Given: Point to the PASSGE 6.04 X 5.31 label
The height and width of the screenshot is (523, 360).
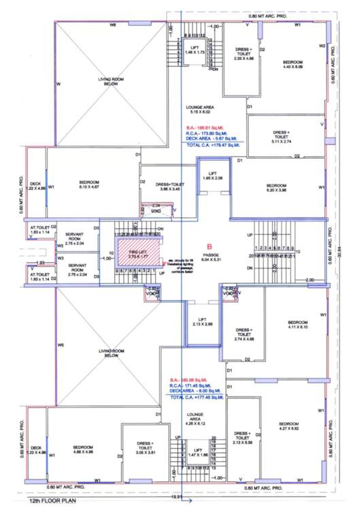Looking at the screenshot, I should coord(209,257).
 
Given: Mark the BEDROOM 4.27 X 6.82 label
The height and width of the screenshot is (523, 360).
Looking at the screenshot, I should coord(290,426).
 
